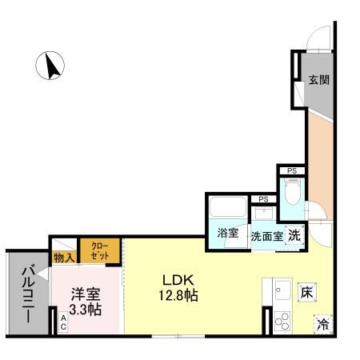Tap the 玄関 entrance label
click(x=319, y=80)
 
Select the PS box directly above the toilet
click(x=291, y=170)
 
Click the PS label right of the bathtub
click(x=262, y=200)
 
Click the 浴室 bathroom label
click(x=227, y=234)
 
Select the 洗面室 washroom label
click(x=266, y=236)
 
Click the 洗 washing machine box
click(x=294, y=235)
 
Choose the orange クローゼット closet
click(x=100, y=251)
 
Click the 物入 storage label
click(x=64, y=258)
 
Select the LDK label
click(x=178, y=280)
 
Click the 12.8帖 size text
click(x=179, y=295)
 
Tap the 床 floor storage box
click(x=306, y=292)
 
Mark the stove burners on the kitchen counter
click(x=282, y=322)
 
